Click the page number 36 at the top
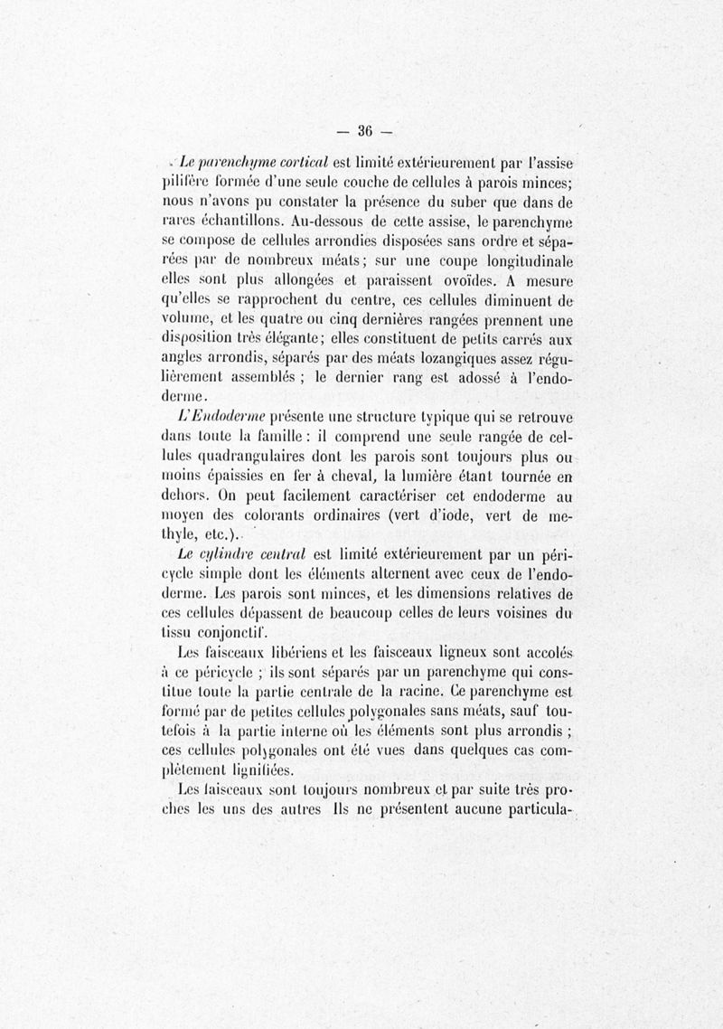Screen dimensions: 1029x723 tap(365, 129)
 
